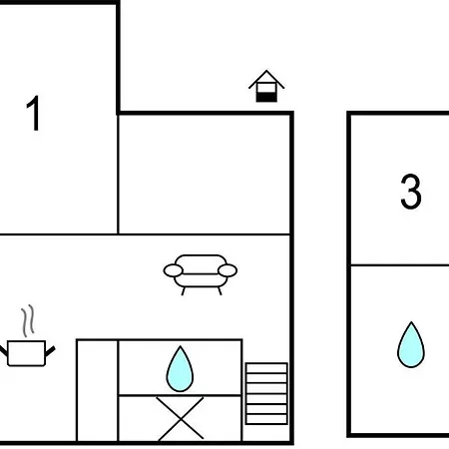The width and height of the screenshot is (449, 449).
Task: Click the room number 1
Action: tap(34, 113)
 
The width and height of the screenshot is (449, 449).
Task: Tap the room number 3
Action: tap(411, 192)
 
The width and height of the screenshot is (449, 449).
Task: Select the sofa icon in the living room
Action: tap(201, 274)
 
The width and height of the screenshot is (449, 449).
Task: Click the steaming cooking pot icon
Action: tap(27, 336)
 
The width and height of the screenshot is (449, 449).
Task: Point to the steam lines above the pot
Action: tap(28, 320)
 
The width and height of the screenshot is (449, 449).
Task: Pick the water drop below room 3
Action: tap(411, 344)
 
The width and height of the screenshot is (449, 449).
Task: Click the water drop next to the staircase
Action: tap(180, 369)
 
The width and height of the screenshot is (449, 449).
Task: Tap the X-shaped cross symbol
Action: tap(180, 418)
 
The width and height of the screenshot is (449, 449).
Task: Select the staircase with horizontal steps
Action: tap(266, 394)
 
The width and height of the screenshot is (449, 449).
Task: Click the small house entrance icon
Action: tap(266, 86)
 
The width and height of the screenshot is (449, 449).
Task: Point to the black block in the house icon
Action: tap(266, 97)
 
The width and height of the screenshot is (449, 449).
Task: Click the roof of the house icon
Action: tap(266, 79)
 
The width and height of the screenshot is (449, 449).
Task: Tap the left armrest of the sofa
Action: tap(173, 270)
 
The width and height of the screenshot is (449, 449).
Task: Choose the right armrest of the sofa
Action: tap(227, 270)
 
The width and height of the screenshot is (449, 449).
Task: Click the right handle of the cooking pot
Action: tap(50, 351)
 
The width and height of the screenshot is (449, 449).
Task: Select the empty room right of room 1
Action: tap(205, 175)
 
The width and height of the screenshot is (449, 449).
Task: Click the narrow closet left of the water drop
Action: tap(98, 390)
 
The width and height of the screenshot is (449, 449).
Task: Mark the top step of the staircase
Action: tap(266, 368)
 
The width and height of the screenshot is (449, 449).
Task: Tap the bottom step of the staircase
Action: tap(266, 419)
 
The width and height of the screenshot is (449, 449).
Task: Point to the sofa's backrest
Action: tap(201, 263)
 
